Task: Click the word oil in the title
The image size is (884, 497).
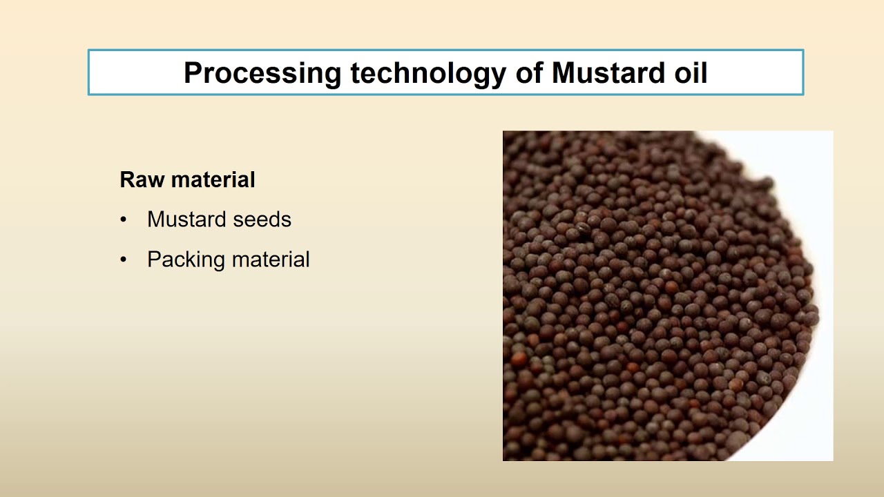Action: (690, 73)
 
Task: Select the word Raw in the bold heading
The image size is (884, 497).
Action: (142, 180)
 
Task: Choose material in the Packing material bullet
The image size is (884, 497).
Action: (271, 260)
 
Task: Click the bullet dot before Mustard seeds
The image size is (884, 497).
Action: (124, 220)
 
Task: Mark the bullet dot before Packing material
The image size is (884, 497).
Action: (124, 260)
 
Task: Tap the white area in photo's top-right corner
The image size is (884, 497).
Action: (808, 152)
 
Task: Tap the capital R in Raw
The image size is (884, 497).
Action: (127, 180)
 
